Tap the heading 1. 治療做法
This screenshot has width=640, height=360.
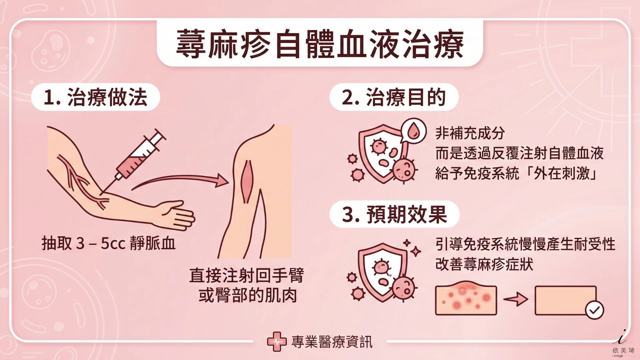tap(95, 97)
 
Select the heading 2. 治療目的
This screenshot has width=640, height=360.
tap(394, 97)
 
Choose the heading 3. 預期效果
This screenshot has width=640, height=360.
tap(394, 214)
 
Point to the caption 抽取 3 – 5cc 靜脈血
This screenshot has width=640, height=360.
tap(108, 243)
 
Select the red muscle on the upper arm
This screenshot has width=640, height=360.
tap(247, 182)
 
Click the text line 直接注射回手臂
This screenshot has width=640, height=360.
tap(246, 276)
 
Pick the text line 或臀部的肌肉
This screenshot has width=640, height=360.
tap(247, 296)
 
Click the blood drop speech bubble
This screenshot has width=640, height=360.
tap(414, 130)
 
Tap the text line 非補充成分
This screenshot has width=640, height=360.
tap(470, 133)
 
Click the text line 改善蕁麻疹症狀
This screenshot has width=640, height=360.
tap(484, 264)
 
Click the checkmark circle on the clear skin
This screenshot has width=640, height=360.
tap(594, 310)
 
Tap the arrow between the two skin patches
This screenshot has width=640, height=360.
tap(516, 299)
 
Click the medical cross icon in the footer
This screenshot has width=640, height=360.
tap(277, 341)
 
